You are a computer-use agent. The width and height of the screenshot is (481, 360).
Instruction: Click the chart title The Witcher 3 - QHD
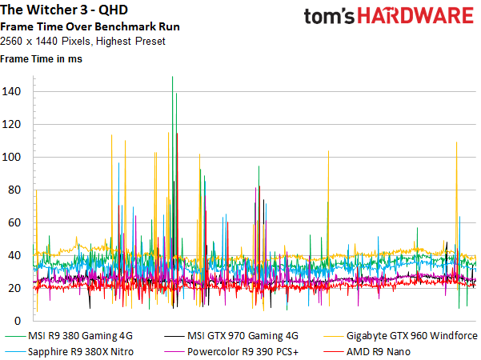(x=64, y=10)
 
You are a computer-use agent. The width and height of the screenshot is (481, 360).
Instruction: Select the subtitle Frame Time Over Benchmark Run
(x=90, y=26)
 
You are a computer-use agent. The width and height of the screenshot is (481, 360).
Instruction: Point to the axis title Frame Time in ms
(x=41, y=58)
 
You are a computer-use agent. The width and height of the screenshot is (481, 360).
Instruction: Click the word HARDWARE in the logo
(x=415, y=16)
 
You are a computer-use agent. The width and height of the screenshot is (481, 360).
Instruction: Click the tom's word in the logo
(x=329, y=16)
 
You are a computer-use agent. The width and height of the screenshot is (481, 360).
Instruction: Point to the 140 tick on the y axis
(x=11, y=91)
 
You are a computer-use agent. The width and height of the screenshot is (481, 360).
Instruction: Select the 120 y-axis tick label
(x=11, y=124)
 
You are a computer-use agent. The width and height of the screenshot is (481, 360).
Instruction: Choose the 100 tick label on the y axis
(x=11, y=157)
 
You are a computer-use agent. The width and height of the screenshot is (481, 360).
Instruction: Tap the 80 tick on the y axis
(x=14, y=190)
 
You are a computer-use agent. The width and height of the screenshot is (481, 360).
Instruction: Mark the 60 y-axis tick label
(x=14, y=222)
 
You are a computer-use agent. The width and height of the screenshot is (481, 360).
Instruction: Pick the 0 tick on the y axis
(x=18, y=321)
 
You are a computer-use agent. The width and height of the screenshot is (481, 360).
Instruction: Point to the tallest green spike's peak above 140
(x=172, y=77)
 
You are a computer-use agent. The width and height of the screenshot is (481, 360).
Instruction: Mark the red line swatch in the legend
(x=333, y=352)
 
